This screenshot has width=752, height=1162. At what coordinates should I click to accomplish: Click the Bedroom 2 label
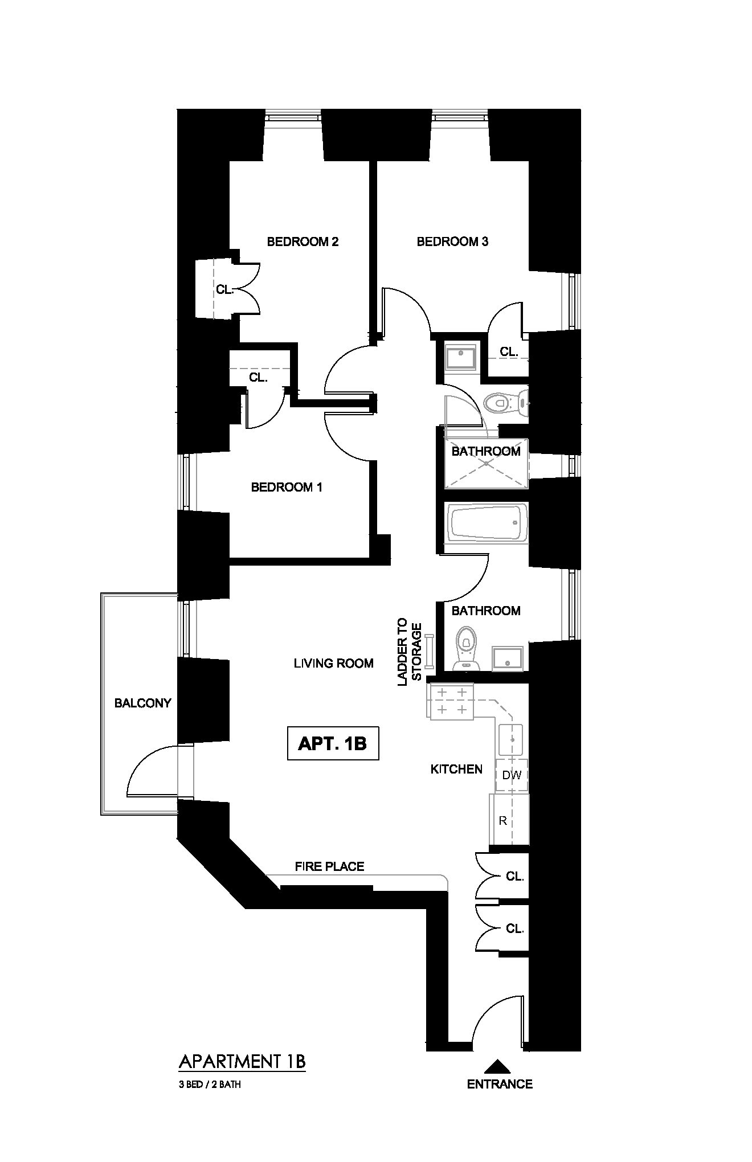[x=303, y=242]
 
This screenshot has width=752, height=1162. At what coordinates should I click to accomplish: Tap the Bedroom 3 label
[x=452, y=242]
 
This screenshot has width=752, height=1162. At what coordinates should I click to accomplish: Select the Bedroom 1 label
[x=287, y=487]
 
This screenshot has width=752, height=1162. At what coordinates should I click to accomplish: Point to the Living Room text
[x=333, y=663]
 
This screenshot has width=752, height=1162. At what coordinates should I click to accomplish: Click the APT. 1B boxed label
[x=333, y=743]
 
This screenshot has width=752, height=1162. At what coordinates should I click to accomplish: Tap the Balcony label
[x=142, y=703]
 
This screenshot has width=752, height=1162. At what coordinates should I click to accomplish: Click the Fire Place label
[x=329, y=866]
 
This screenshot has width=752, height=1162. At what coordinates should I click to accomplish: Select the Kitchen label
[x=456, y=769]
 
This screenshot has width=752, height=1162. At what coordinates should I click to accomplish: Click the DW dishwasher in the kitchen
[x=511, y=775]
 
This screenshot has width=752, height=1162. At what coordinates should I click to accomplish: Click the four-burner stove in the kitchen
[x=450, y=701]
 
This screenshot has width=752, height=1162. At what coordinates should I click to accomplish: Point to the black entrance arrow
[x=499, y=1065]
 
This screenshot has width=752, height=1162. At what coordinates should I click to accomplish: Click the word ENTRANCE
[x=500, y=1084]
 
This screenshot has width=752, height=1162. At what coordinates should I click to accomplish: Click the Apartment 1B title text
[x=242, y=1062]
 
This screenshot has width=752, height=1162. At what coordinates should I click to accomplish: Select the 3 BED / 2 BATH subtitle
[x=210, y=1085]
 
